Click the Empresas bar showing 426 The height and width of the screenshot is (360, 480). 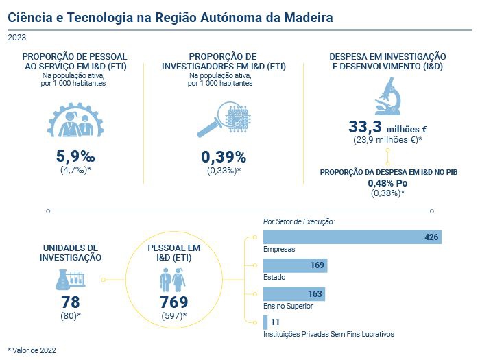coord(352,237)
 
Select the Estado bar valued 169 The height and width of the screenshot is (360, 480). coord(296,265)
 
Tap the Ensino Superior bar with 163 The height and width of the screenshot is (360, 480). coord(294,293)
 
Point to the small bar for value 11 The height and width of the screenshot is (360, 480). coord(265,322)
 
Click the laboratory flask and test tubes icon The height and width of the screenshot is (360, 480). coord(71,278)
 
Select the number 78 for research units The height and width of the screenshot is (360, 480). coord(71,302)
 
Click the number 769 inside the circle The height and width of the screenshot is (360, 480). coord(173,302)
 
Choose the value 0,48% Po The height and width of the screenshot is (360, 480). coord(388,183)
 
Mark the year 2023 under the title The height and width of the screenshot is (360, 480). coord(17,38)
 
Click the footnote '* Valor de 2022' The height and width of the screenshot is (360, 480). coord(32,350)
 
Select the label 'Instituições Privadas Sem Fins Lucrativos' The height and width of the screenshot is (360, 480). coord(328,334)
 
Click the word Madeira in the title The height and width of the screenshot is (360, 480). coord(305,16)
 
